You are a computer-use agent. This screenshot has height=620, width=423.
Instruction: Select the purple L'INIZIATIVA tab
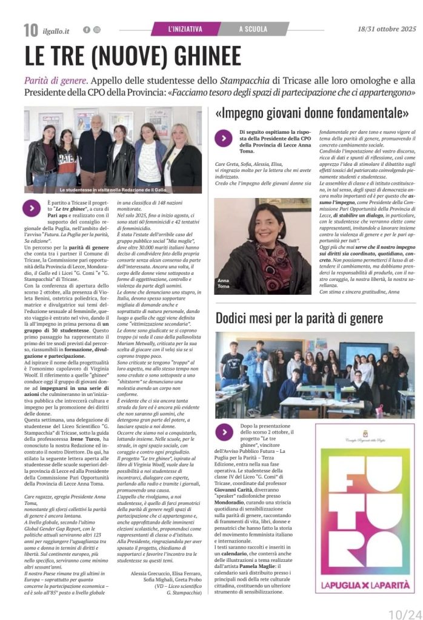185,28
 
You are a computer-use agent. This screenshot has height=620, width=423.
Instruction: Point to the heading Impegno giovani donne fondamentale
312,113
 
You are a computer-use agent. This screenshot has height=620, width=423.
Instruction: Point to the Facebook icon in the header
87,30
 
